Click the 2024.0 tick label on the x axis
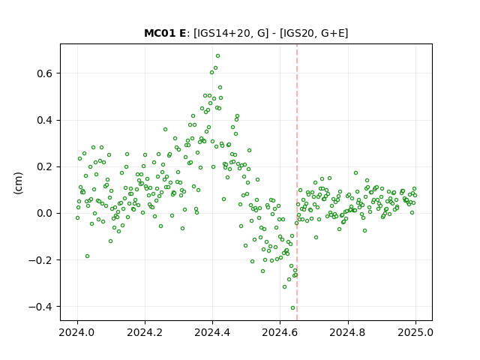[x=77, y=332]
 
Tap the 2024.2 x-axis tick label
[x=145, y=332]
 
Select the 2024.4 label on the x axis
[x=212, y=332]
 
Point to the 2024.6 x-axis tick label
[x=280, y=332]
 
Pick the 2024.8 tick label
[x=348, y=332]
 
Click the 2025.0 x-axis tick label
[x=415, y=332]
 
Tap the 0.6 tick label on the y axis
[x=44, y=73]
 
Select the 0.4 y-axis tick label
[x=44, y=120]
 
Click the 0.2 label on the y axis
[x=44, y=166]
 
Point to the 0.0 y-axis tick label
[x=44, y=213]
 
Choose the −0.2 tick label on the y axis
[x=40, y=260]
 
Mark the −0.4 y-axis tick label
[x=40, y=307]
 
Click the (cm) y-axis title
[x=18, y=183]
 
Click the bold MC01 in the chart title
[x=159, y=33]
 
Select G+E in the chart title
[x=333, y=33]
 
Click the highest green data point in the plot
[x=217, y=56]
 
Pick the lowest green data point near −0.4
[x=292, y=308]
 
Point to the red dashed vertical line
[x=297, y=182]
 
